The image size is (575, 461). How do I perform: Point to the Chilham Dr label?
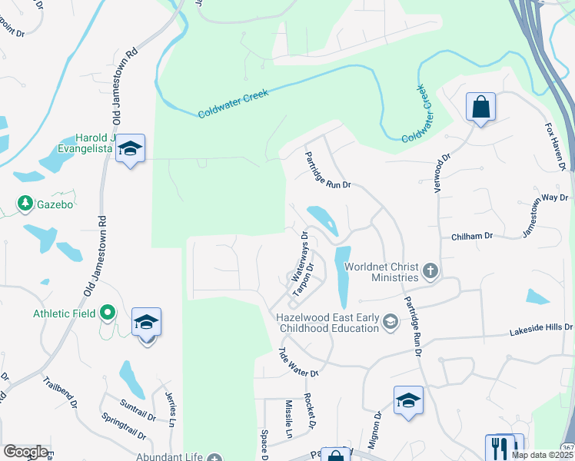point(472,237)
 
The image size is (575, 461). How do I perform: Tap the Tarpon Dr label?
point(305,281)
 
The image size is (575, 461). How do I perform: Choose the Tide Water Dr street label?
point(297,362)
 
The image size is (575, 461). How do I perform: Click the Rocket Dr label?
point(310,410)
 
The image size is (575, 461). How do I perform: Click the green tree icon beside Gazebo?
point(25,204)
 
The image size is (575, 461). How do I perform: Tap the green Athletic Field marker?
point(108,313)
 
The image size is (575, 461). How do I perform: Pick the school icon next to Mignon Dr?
point(408,400)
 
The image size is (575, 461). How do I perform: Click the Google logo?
point(25,452)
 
